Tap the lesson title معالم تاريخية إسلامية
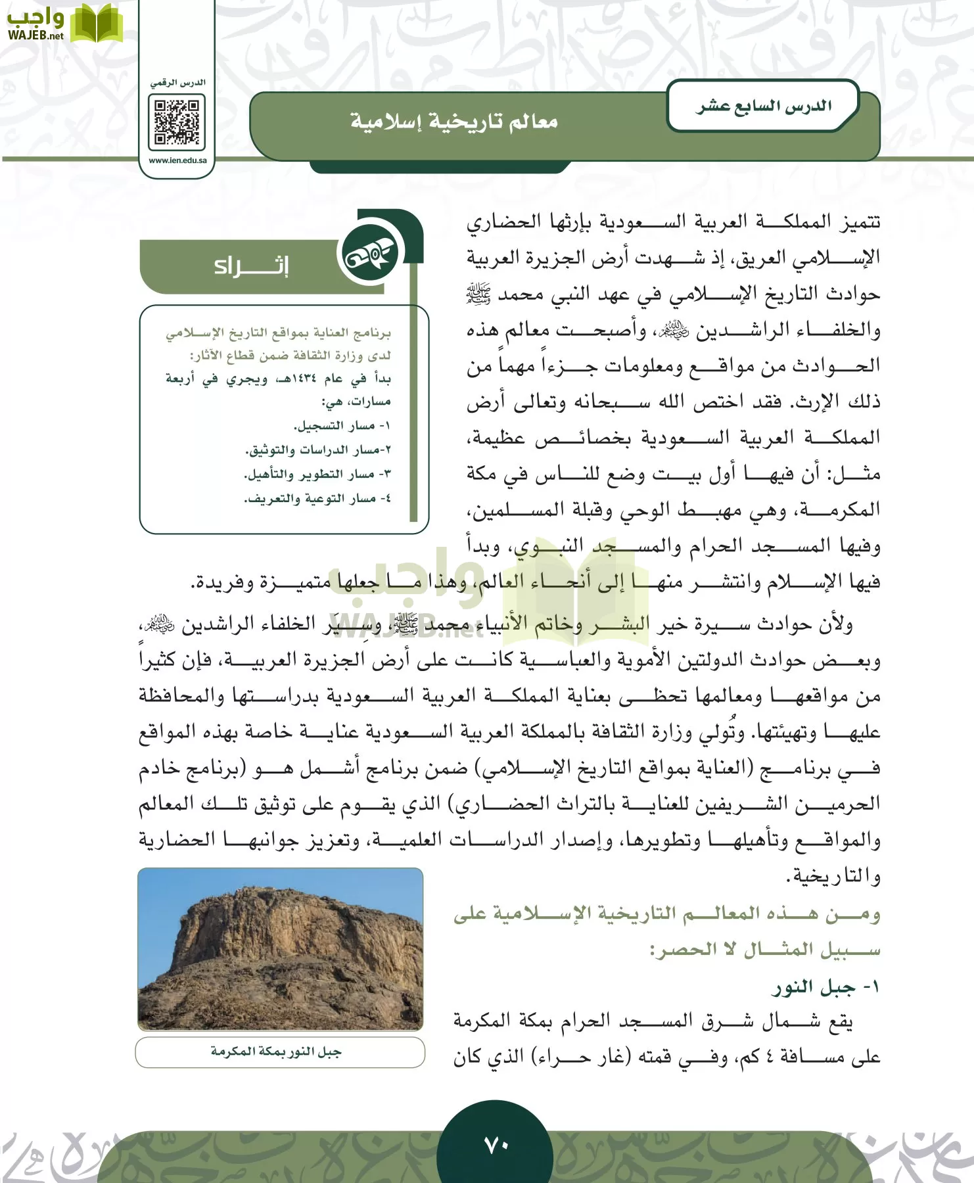(453, 122)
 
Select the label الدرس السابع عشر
(764, 106)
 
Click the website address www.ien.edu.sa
(177, 160)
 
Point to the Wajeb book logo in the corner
(96, 24)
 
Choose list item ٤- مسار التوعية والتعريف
(317, 499)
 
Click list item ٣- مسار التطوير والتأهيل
(317, 475)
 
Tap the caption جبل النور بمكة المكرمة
(277, 1052)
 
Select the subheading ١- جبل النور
(825, 987)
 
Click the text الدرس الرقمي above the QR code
(177, 83)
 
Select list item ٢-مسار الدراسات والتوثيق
(318, 450)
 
